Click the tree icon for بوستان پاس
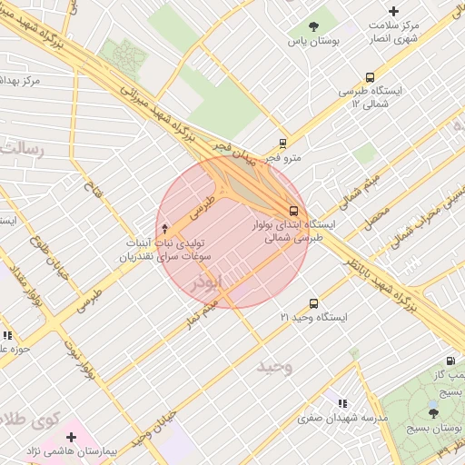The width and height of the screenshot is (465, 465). coord(314,26)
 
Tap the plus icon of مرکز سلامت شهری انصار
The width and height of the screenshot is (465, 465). coord(392,10)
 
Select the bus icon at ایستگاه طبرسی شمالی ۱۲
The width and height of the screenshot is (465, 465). coord(369,77)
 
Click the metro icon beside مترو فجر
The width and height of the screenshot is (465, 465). coord(283,143)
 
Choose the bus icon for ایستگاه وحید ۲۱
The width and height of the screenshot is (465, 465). coord(313,303)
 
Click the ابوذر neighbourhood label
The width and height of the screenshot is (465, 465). coord(206,283)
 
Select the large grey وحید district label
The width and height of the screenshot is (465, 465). coord(275,366)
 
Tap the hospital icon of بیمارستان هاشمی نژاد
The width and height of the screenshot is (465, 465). coord(71,438)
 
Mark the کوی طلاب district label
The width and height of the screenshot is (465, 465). coord(27,420)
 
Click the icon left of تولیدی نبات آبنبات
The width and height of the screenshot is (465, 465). coord(164,229)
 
